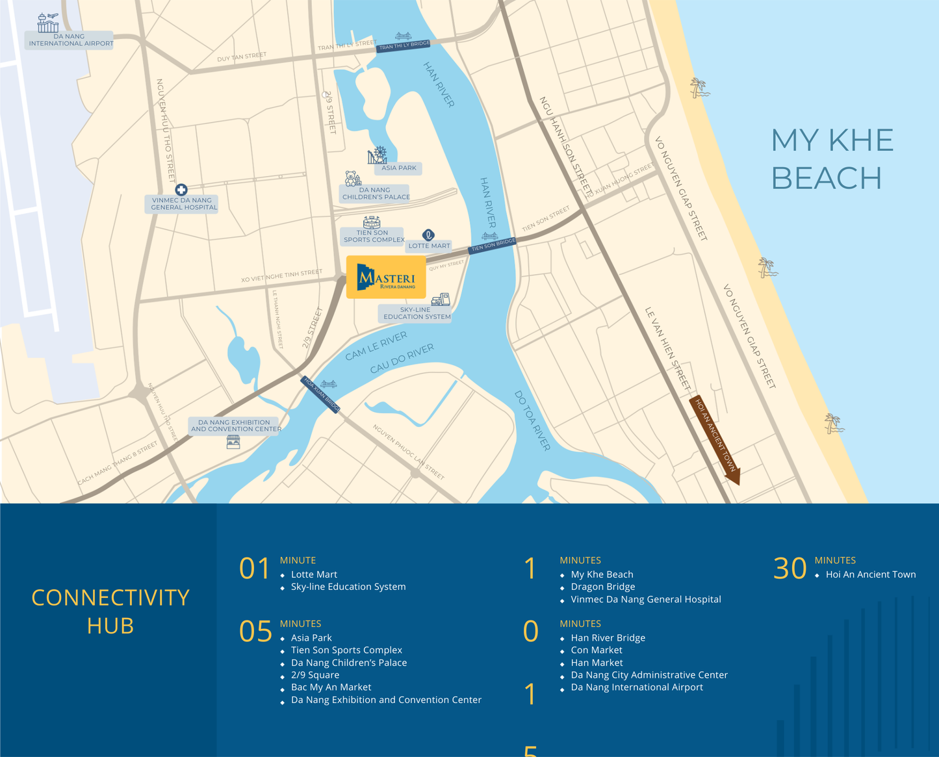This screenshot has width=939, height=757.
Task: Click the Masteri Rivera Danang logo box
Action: (x=386, y=277)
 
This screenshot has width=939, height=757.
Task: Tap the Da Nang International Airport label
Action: (x=70, y=40)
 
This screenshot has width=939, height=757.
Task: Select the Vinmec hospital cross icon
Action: (x=181, y=190)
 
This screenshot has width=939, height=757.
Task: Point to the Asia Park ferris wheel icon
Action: (x=378, y=155)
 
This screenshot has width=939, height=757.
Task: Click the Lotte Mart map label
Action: (x=429, y=246)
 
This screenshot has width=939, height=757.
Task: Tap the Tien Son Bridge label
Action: (x=493, y=245)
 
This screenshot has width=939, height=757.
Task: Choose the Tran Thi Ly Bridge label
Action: (x=404, y=45)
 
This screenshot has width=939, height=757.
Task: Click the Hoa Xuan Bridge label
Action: (x=321, y=394)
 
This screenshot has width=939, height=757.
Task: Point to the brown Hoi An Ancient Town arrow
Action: (x=715, y=441)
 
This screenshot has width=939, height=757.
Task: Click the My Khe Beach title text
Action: (x=831, y=159)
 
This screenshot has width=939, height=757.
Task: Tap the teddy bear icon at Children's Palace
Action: (x=352, y=178)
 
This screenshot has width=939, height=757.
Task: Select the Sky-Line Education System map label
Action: (x=416, y=313)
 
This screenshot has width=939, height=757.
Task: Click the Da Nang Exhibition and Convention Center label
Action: (x=236, y=426)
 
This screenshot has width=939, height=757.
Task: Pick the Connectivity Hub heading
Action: (x=110, y=611)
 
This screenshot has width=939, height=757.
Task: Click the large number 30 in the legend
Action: (x=790, y=569)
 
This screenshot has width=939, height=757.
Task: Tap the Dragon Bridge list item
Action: (x=602, y=587)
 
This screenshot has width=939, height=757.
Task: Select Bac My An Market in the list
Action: (x=331, y=687)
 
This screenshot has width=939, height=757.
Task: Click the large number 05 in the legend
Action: (x=255, y=632)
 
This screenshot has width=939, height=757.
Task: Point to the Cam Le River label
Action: (x=376, y=345)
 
